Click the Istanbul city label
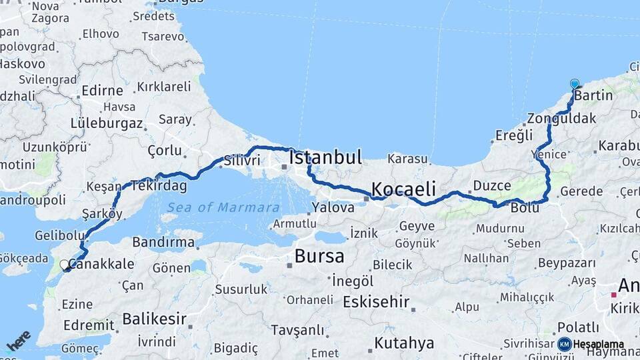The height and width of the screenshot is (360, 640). tap(325, 158)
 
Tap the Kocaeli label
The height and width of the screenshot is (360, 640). tap(403, 189)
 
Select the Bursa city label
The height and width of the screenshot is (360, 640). tap(319, 256)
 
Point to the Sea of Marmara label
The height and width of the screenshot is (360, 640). tap(223, 207)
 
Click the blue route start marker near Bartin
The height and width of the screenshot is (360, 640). tap(575, 85)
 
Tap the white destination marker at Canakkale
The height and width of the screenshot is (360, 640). tap(65, 265)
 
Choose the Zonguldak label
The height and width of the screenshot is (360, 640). tap(561, 119)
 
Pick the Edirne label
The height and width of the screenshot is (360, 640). tap(102, 90)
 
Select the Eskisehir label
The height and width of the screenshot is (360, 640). tap(375, 301)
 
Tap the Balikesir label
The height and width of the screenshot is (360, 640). tap(154, 319)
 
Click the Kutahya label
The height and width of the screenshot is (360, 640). tap(404, 343)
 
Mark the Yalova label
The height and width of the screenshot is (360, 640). tap(333, 207)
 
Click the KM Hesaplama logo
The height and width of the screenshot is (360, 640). tap(591, 344)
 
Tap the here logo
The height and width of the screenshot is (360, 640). tap(19, 340)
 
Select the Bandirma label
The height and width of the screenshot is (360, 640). tap(163, 242)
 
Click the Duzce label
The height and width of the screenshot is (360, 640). tap(492, 185)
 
